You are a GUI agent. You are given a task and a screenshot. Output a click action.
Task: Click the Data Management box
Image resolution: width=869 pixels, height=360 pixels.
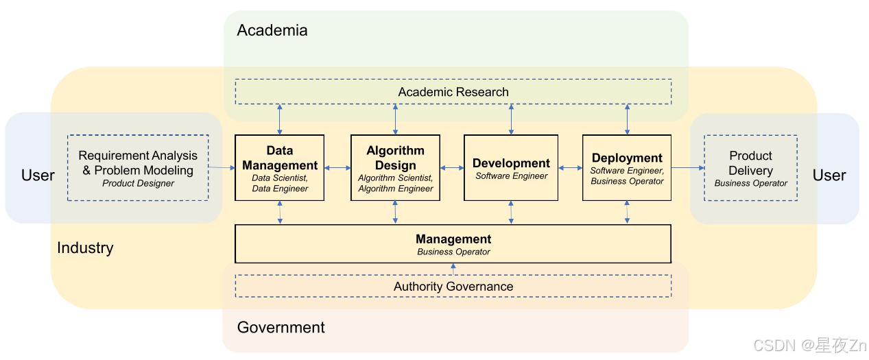(279, 168)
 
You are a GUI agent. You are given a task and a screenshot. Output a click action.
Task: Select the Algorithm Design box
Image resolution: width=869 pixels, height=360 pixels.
(395, 168)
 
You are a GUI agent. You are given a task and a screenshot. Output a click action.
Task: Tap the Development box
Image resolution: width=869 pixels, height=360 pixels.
(511, 168)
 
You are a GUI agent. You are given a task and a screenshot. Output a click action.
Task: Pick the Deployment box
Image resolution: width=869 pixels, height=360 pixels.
(627, 168)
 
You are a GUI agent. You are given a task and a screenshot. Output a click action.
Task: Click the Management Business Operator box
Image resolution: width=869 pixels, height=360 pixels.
(453, 244)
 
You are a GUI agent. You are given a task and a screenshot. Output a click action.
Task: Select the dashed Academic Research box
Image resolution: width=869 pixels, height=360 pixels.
(453, 92)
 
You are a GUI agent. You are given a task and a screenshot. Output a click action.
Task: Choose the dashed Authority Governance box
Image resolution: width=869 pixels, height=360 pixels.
(453, 286)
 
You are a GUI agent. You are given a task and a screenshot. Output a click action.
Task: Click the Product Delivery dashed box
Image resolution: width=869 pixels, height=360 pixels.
(750, 168)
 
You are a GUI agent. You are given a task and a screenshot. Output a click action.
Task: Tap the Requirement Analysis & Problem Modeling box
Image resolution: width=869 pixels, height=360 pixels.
(138, 168)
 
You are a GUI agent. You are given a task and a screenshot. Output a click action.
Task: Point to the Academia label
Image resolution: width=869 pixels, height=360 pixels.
(272, 30)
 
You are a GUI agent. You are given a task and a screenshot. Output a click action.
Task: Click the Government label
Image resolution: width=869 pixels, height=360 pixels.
(281, 327)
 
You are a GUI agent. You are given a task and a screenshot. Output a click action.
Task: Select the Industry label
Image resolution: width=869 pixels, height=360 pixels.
(85, 248)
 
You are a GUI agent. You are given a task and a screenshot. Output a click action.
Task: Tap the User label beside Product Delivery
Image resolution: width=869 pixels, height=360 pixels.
(829, 176)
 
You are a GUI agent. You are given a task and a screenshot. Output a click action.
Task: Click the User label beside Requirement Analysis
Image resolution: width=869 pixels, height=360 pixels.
(38, 176)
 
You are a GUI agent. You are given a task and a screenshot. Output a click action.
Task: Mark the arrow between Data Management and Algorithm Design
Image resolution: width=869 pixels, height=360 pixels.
(337, 167)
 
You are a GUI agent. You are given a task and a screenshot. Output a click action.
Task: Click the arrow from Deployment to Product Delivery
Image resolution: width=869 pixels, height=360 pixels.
(687, 167)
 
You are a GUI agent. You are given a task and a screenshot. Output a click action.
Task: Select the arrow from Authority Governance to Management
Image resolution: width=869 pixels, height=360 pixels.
(453, 269)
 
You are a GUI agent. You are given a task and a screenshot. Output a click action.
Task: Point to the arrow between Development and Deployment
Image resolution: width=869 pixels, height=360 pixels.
(570, 167)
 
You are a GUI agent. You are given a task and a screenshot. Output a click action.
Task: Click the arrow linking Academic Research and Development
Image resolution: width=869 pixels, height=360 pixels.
(511, 119)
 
